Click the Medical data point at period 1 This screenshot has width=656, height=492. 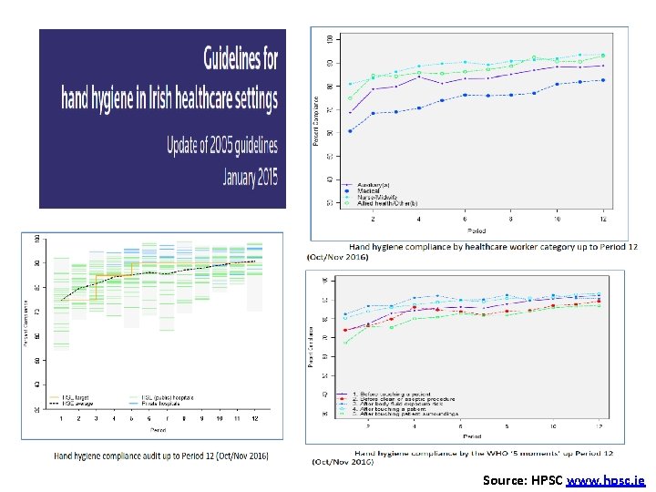click(x=351, y=131)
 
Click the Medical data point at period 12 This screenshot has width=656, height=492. click(x=602, y=80)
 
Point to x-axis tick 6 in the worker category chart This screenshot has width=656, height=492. click(x=465, y=220)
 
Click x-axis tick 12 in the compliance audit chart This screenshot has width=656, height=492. click(x=254, y=418)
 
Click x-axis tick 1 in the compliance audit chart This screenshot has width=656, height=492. click(x=61, y=418)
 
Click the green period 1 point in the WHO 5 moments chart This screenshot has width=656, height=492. click(x=345, y=343)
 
